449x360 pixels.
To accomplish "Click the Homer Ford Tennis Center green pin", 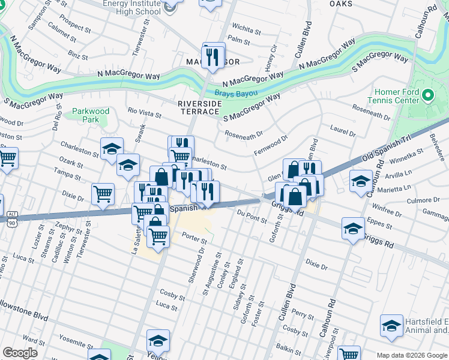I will click(427, 95).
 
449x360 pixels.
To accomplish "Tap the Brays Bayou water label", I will click(236, 94).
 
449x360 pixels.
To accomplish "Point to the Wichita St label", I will click(246, 28).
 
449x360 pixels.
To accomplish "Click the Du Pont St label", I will click(252, 215).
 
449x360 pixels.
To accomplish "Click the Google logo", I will click(20, 353).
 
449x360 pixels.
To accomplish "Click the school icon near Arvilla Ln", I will click(361, 181).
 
